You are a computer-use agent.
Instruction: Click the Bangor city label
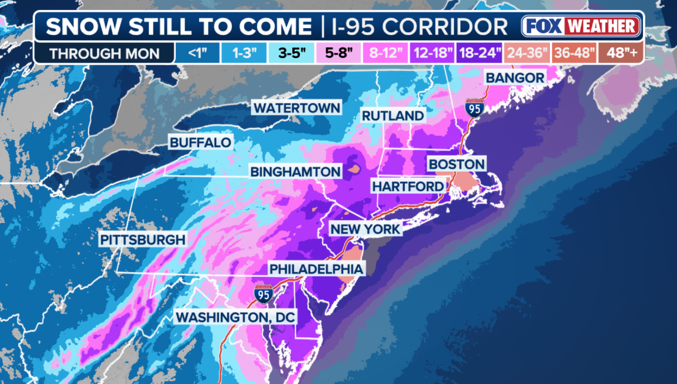tap(515, 77)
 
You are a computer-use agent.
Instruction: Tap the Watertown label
tap(297, 108)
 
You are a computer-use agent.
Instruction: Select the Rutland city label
tap(392, 116)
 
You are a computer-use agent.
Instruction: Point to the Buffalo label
tap(200, 142)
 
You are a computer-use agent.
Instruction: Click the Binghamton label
tap(296, 172)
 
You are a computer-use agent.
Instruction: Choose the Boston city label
tap(457, 164)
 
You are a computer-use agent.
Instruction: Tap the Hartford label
tap(408, 186)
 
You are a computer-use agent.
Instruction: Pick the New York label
tap(365, 229)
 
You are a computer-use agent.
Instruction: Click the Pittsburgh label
tap(142, 239)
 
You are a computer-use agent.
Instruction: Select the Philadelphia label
tap(317, 269)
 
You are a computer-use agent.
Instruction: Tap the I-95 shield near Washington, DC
tap(263, 294)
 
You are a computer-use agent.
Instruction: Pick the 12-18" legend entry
tap(435, 53)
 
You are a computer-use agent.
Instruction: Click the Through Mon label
tap(104, 53)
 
